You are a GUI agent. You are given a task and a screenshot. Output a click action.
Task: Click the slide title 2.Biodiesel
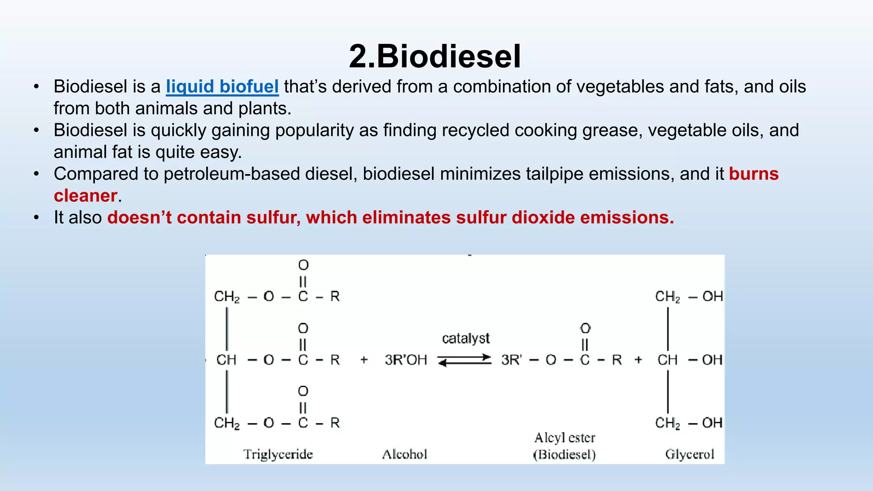click(435, 56)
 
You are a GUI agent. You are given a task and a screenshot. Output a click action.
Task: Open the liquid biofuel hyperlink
click(222, 87)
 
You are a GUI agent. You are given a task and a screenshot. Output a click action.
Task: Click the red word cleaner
click(85, 196)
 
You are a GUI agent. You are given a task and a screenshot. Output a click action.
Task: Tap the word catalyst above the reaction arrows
click(465, 338)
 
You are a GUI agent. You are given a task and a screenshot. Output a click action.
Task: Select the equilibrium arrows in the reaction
click(465, 360)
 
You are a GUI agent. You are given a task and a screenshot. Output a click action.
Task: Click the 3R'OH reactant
click(405, 360)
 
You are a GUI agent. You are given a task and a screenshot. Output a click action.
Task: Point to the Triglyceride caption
click(278, 454)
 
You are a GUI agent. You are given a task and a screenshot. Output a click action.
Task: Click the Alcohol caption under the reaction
click(404, 454)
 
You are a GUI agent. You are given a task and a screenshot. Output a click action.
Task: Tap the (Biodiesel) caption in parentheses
click(564, 455)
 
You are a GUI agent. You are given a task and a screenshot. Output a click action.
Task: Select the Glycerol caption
click(689, 454)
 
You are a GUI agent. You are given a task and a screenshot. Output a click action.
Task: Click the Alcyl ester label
click(564, 438)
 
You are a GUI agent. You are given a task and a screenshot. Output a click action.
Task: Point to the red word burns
click(754, 174)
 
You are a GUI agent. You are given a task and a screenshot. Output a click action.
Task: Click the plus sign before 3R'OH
click(364, 360)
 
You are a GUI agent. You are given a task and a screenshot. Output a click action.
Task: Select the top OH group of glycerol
click(712, 296)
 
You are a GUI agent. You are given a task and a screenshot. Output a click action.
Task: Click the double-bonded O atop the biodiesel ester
click(585, 328)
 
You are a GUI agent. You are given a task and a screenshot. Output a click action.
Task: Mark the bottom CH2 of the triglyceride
click(227, 423)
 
